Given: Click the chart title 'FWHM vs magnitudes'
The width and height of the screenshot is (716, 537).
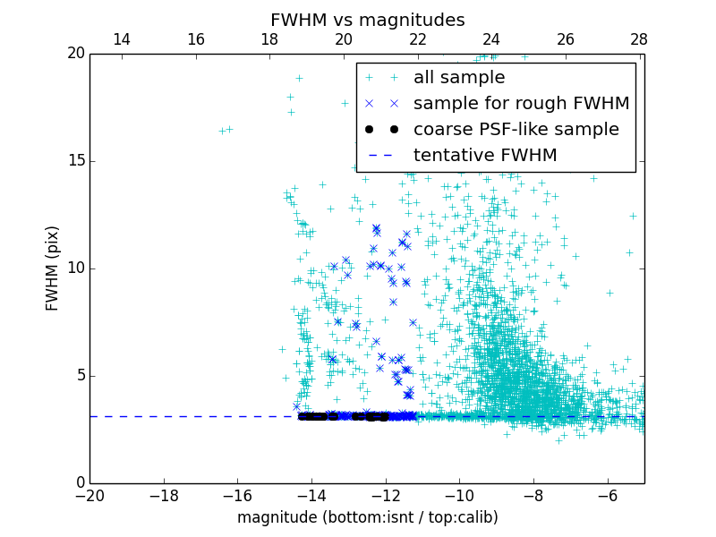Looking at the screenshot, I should pos(367,20).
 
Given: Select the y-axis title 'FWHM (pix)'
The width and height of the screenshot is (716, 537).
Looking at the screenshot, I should pos(53,268).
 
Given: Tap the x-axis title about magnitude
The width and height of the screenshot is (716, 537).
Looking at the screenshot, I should pos(367,517).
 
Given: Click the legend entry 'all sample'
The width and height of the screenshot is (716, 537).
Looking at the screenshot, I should pos(458,78).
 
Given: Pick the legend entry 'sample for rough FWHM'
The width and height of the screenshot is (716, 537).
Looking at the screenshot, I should pos(521,104).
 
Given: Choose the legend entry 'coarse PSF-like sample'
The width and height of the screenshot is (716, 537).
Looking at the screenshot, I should pos(516,130).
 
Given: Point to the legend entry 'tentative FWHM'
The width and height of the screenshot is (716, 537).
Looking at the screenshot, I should pos(484,156).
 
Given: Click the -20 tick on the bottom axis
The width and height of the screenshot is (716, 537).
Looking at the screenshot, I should pos(89,495).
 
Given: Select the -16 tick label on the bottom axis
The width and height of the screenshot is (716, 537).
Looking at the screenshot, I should pos(237,495).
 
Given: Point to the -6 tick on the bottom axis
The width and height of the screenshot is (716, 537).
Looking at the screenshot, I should pos(607,495).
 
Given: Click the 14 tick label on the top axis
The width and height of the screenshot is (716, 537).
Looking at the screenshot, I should pos(122,39).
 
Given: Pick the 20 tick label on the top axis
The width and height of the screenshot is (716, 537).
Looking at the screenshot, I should pos(344,39).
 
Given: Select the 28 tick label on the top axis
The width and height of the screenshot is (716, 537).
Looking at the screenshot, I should pos(639,39).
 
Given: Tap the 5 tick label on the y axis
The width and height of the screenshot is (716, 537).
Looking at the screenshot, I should pos(79,376).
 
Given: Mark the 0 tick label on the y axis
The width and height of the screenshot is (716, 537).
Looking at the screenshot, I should pos(79,483).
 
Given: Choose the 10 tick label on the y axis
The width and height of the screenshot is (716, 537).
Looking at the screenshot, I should pos(74,268).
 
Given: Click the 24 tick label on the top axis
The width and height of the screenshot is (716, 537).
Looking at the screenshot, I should pos(491,39).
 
